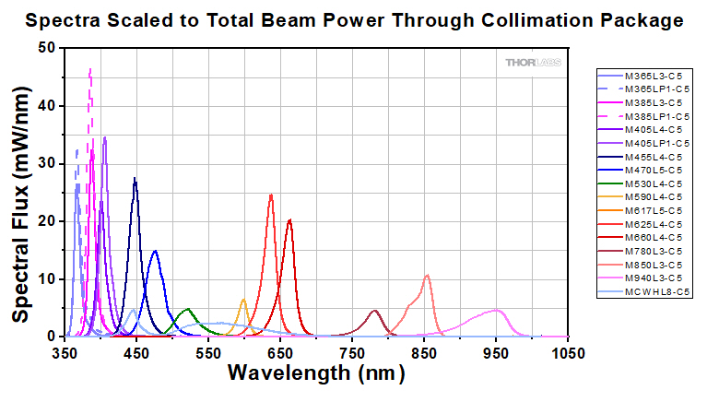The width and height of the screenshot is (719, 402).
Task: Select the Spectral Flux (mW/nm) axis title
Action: (19, 193)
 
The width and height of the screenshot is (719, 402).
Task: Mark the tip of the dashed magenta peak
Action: (89, 69)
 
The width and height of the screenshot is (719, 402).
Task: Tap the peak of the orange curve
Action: (244, 300)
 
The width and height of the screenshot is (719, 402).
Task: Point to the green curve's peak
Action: (188, 309)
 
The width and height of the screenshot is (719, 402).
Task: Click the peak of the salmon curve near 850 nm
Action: (427, 275)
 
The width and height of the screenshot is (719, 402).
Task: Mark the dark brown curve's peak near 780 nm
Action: (374, 311)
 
